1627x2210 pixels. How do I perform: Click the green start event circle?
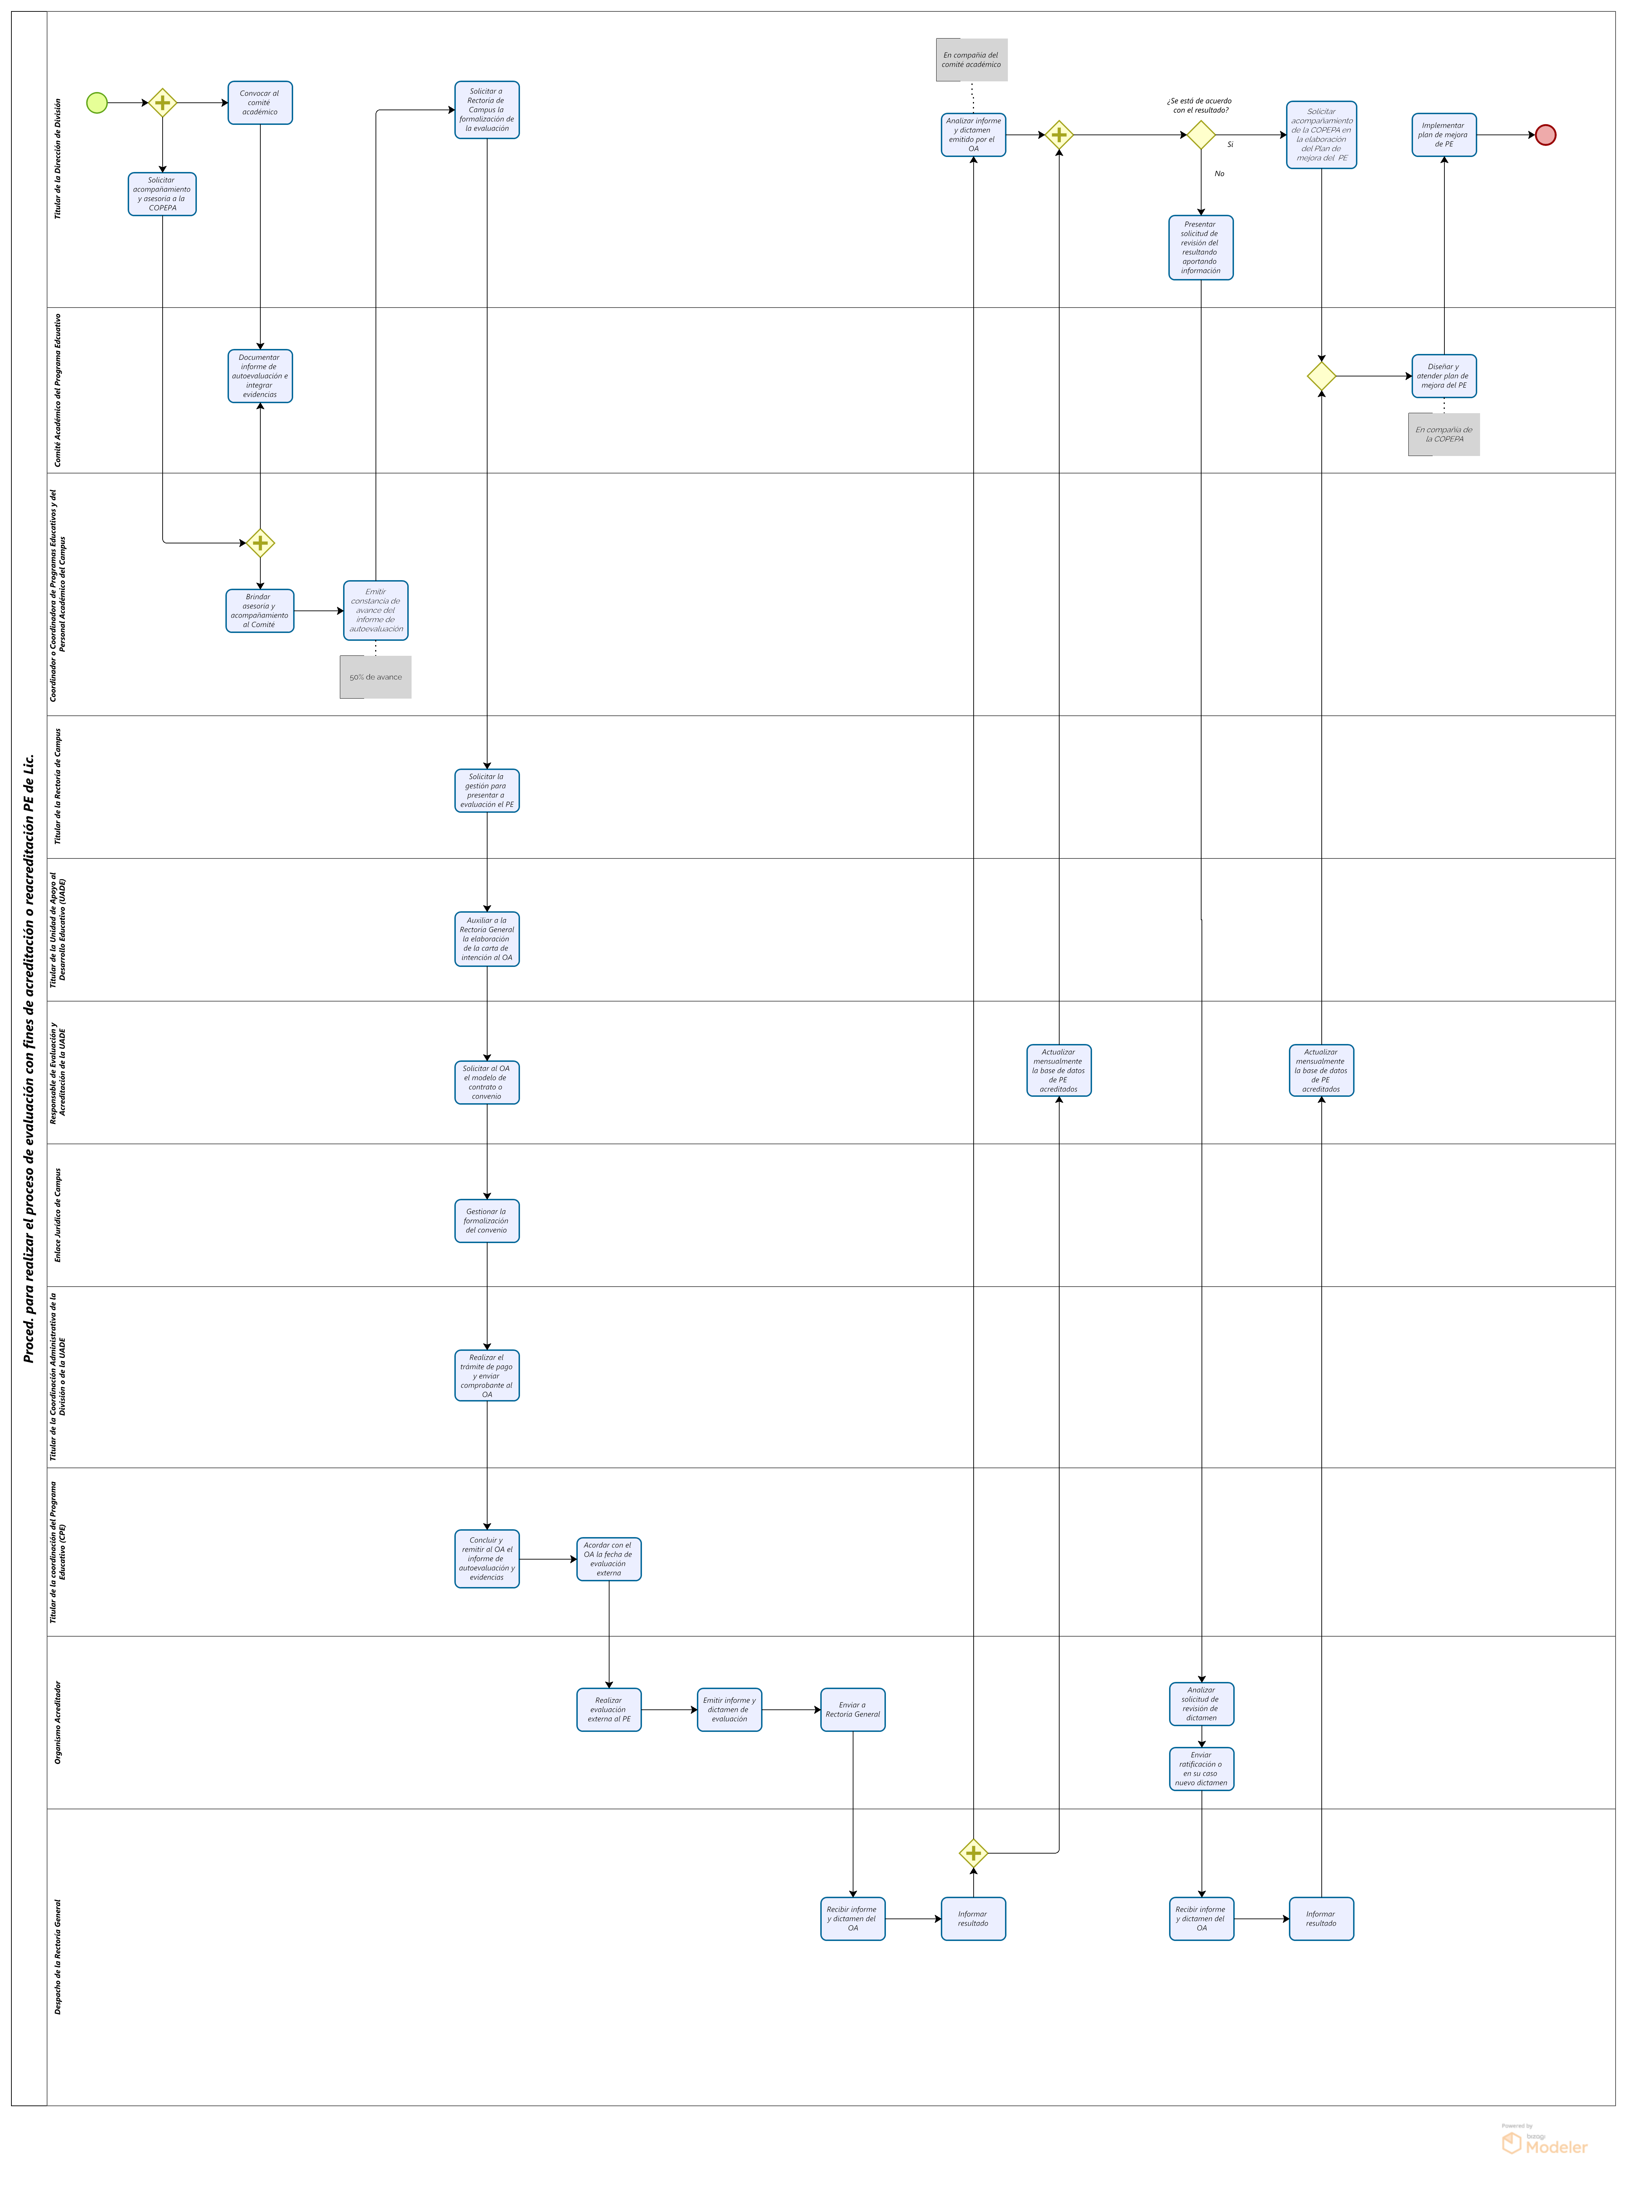97,102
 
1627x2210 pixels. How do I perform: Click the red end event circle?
1545,135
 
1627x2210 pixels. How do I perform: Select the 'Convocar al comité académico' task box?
260,102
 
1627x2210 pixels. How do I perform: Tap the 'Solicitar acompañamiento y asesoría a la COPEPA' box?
163,194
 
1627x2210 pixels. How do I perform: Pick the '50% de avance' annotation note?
375,677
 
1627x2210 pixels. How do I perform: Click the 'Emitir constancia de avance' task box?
375,610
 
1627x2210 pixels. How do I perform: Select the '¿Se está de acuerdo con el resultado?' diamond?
1200,135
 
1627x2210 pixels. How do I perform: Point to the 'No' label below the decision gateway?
1219,173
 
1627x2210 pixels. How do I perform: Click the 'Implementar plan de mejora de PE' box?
1444,135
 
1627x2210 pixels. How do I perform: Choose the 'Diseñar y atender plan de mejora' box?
1444,375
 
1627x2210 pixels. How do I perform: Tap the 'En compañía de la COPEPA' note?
1444,435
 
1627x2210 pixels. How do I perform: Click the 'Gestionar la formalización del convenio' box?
486,1221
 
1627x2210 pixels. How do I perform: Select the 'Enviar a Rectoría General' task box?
853,1709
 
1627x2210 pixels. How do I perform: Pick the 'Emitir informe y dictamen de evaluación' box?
729,1709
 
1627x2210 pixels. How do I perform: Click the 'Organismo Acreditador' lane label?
57,1722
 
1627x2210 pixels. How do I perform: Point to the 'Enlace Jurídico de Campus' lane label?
57,1215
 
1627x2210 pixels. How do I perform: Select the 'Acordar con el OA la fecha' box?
609,1559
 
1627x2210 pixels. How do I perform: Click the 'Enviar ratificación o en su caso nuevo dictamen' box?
1202,1769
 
